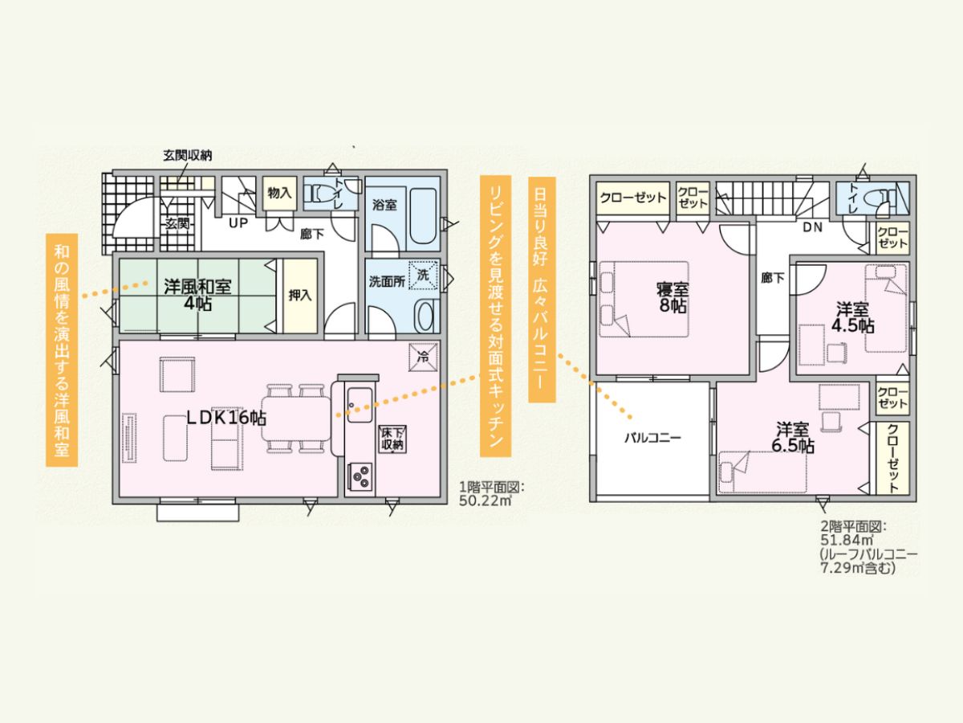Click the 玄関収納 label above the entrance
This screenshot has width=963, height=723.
[187, 155]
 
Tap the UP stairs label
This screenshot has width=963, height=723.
[238, 223]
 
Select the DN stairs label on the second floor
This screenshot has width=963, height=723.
[812, 227]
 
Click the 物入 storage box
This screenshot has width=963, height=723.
[280, 193]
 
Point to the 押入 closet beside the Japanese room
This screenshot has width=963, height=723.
[300, 296]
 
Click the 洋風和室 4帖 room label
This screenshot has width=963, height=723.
[198, 295]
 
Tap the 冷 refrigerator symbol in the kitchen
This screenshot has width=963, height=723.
[424, 357]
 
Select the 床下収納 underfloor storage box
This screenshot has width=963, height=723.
[392, 438]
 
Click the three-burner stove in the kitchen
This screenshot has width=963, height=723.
[360, 476]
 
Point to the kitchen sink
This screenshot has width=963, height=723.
[360, 405]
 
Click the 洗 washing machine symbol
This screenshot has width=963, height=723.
[424, 276]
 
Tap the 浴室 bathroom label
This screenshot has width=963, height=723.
[384, 205]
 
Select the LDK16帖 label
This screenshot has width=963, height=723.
[226, 418]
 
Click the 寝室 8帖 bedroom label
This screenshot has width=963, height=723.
[672, 296]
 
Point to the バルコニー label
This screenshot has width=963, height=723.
[652, 438]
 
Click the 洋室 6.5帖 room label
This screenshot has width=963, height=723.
[792, 437]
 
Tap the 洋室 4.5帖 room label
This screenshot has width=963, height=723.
[853, 318]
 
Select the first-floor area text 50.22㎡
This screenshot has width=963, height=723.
[486, 500]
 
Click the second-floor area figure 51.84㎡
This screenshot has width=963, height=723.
[847, 540]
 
